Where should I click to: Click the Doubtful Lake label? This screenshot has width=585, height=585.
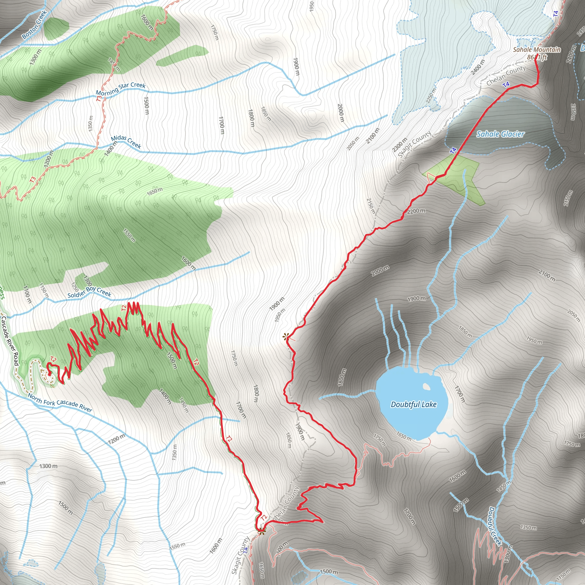pos(413,404)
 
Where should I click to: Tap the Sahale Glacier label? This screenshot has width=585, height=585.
pos(500,134)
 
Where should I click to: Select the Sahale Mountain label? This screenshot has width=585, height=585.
pos(536,49)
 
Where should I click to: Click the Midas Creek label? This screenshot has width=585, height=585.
pos(126,142)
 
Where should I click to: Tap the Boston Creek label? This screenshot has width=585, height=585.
pos(35,25)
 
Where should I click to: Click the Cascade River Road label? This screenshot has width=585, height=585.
pos(10,341)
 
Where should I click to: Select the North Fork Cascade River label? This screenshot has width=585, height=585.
pos(60,402)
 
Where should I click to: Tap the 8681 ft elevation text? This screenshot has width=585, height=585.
pos(537,57)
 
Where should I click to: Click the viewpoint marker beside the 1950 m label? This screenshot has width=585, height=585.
pos(286,336)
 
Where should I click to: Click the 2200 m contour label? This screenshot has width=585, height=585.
pos(416,211)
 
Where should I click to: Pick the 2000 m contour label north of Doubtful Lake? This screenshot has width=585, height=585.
pos(380,270)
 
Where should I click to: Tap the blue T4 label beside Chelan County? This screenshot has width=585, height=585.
pos(506,85)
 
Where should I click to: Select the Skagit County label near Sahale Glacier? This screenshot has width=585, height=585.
pos(414,145)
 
